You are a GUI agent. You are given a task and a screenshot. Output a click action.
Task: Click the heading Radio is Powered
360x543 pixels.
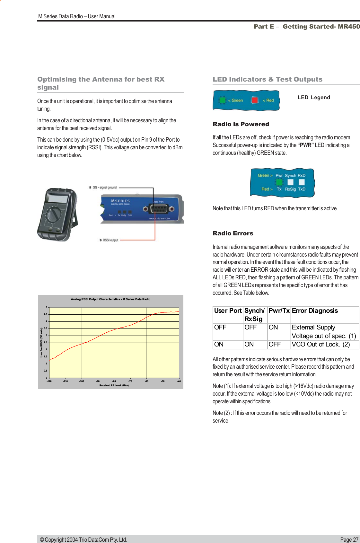(x=241, y=124)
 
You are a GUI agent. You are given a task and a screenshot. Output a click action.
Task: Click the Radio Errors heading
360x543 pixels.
(x=233, y=233)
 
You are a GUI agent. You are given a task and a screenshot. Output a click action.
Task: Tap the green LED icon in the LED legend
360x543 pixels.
(x=222, y=100)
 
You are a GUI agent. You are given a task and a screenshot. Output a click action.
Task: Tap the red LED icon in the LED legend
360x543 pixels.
(x=255, y=100)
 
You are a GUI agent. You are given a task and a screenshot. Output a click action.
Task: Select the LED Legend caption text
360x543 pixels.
(x=313, y=98)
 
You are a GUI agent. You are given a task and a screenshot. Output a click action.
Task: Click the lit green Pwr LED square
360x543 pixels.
(x=279, y=182)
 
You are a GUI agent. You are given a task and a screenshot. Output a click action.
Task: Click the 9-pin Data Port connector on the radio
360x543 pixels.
(x=158, y=209)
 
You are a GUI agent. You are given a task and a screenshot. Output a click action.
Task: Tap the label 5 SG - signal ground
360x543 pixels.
(x=103, y=187)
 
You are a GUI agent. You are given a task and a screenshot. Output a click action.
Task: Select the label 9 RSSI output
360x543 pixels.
(x=109, y=240)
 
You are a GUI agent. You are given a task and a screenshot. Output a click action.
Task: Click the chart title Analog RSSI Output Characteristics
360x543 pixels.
(x=110, y=299)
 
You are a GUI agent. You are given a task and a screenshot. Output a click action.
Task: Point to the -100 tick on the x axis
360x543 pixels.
(x=82, y=381)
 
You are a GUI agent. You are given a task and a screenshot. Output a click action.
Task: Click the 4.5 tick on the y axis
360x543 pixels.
(x=46, y=314)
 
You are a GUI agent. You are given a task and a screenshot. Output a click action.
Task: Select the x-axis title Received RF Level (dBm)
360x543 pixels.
(x=114, y=385)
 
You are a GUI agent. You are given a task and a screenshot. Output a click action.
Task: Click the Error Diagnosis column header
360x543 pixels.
(x=315, y=311)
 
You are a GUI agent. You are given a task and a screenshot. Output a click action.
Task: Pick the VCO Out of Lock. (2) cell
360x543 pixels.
(x=320, y=345)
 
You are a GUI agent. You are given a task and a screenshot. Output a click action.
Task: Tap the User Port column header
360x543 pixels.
(x=228, y=311)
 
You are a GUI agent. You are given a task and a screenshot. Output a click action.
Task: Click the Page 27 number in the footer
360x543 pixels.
(x=349, y=540)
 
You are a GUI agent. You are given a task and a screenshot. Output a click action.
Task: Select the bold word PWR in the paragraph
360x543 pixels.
(x=306, y=145)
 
